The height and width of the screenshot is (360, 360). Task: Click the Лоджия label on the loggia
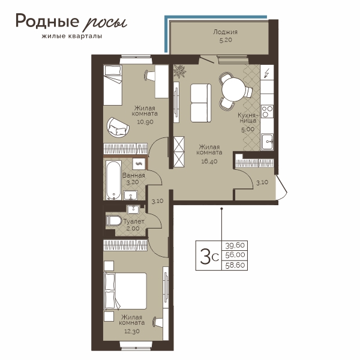(225, 32)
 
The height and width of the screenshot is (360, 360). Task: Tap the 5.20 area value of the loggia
(226, 40)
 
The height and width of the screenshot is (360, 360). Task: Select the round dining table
(233, 89)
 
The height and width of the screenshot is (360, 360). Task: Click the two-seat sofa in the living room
(200, 103)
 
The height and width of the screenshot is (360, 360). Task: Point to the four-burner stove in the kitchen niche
(267, 111)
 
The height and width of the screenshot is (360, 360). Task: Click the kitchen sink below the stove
(267, 142)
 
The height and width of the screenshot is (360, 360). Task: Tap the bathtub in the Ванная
(113, 180)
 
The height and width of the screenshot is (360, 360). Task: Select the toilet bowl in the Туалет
(113, 221)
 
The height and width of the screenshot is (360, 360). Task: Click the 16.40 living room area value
(209, 161)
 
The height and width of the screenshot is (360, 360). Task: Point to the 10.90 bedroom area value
(145, 122)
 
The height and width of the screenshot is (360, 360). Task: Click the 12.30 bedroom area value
(131, 331)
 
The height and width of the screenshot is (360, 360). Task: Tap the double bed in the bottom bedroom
(125, 291)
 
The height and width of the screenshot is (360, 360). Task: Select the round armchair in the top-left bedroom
(118, 127)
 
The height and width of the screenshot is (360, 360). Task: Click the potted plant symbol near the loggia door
(179, 71)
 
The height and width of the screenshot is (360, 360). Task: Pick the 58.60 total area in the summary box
(235, 265)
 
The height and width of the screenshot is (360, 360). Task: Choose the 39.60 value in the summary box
(235, 245)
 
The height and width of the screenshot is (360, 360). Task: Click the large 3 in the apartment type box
(205, 256)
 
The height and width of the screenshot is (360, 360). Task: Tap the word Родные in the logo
(47, 21)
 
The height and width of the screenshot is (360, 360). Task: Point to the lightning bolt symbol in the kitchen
(266, 73)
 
